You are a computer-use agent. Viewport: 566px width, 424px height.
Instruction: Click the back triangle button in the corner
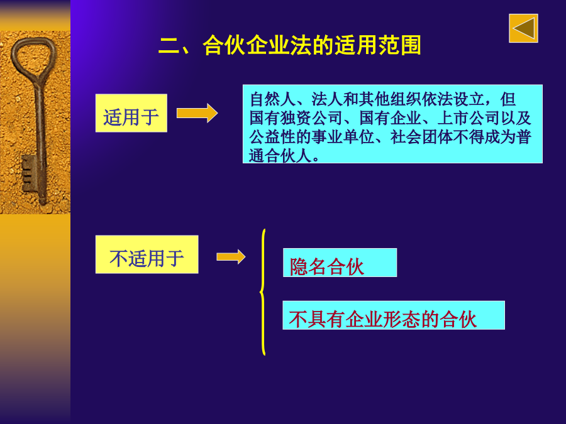pos(523,28)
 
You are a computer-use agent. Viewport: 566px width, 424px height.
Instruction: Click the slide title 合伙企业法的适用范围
pos(312,45)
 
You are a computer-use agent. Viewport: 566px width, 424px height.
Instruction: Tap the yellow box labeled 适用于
pos(131,113)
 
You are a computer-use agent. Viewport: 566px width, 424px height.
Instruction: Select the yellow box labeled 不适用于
pos(147,254)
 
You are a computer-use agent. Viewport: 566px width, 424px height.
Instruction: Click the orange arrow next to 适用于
pos(197,113)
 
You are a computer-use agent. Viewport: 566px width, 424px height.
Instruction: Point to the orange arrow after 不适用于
pos(231,257)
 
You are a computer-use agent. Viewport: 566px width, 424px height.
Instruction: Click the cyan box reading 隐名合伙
pos(340,263)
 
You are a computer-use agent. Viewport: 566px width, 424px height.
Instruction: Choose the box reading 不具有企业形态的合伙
pos(394,315)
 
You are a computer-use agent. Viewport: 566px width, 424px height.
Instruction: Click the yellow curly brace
pos(263,292)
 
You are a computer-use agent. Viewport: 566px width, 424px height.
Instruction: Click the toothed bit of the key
pos(29,174)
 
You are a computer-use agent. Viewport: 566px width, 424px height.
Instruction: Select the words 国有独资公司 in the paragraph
pos(296,118)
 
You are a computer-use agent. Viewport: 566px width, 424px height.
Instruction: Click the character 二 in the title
pos(169,46)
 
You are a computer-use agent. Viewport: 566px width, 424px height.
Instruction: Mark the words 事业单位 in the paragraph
pos(343,137)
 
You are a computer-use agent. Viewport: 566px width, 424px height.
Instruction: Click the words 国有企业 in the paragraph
pos(390,118)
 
